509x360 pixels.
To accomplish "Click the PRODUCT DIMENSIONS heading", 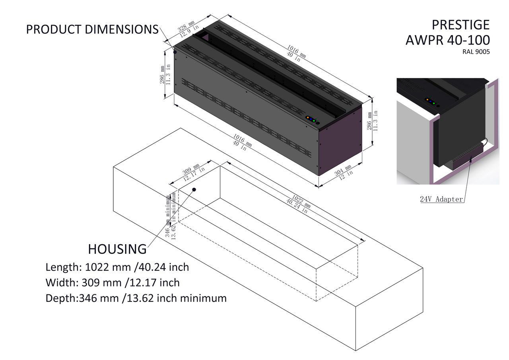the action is point(92,29).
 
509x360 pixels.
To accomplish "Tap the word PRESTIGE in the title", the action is point(460,25).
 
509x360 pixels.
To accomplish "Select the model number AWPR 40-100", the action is point(448,40).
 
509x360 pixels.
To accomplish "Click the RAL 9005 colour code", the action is point(476,52).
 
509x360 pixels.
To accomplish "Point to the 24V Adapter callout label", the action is point(441,199).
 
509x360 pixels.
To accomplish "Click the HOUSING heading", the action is point(117,249).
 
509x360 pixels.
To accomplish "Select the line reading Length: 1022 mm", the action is point(117,267).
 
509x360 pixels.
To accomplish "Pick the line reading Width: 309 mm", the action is point(113,282).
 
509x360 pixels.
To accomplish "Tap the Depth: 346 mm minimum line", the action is point(136,298).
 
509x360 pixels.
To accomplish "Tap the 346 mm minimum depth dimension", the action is point(171,216).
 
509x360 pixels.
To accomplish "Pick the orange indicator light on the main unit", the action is point(308,117).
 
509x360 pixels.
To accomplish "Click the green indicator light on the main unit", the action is point(314,121).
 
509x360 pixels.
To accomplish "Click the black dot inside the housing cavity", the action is point(194,189).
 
